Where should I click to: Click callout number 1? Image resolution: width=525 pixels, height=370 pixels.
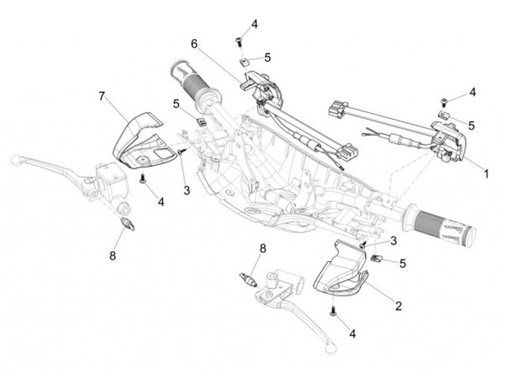coord(486,174)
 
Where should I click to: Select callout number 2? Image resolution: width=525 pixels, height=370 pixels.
coord(398,306)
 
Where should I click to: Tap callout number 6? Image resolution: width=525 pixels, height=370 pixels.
coord(195,43)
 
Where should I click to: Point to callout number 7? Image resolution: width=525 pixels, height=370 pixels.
coord(102,96)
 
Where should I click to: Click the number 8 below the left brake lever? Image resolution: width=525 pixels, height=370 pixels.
coord(112,255)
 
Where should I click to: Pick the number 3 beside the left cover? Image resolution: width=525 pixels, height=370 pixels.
coord(187,190)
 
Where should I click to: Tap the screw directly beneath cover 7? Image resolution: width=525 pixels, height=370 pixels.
coord(142,177)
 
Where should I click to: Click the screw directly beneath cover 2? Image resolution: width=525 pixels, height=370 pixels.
coord(333,311)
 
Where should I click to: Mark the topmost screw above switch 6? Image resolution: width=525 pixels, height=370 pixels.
coord(239,41)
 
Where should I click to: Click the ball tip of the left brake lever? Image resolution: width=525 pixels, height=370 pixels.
coord(15,160)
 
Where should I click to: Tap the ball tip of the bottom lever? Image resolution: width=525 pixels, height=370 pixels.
coord(330,349)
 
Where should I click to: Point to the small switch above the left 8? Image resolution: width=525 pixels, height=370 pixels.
coord(128,223)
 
